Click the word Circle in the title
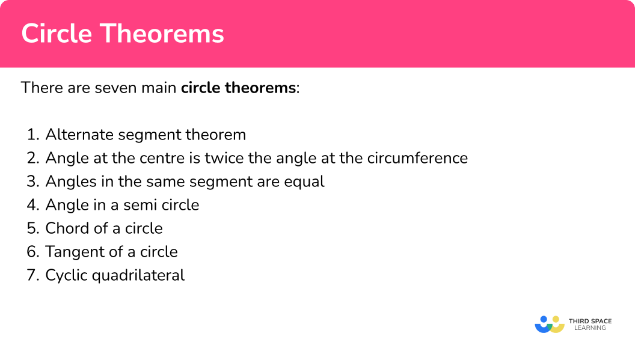click(x=57, y=34)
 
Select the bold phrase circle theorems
click(x=238, y=88)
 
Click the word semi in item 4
click(x=138, y=205)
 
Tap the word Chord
click(x=63, y=228)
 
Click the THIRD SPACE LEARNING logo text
click(x=590, y=325)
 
